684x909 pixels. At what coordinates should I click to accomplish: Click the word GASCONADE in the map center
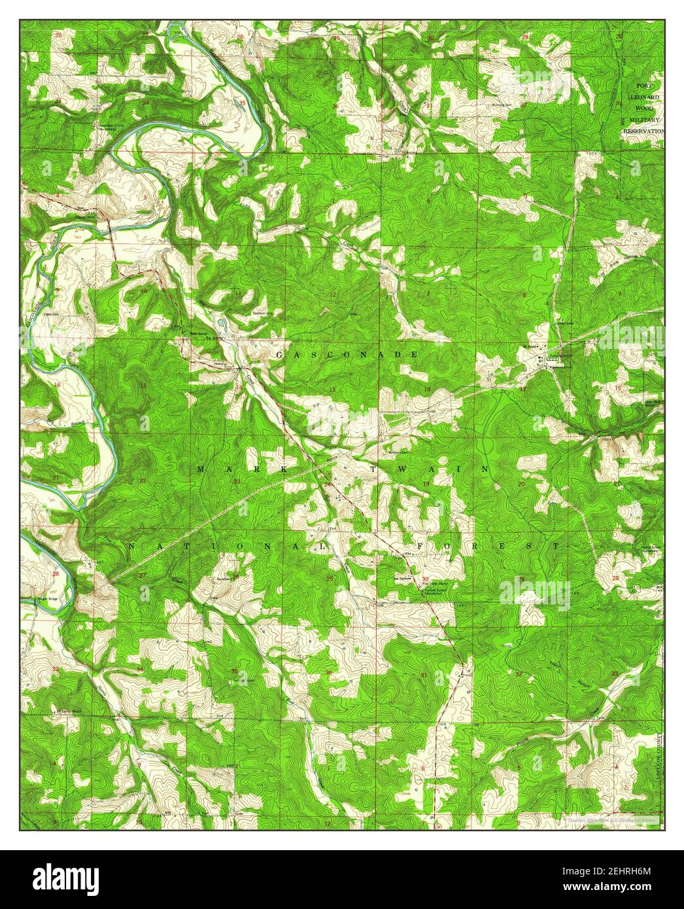(x=347, y=354)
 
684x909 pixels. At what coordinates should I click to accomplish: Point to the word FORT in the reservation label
(x=644, y=86)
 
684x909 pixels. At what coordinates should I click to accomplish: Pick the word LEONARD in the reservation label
(x=644, y=97)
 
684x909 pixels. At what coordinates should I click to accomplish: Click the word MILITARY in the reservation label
(x=644, y=120)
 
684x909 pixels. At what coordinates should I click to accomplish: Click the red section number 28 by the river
(x=56, y=574)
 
